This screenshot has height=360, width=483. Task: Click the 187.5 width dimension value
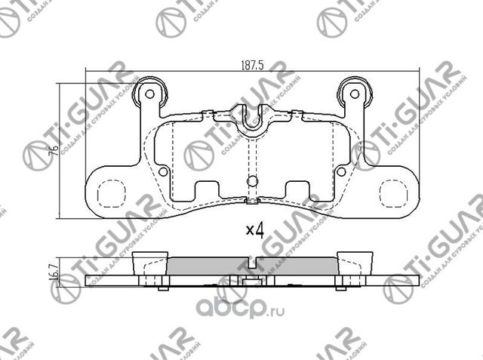pos(253,66)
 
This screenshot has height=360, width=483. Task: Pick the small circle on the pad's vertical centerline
pos(252,181)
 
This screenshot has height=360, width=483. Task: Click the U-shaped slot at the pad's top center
pos(252,121)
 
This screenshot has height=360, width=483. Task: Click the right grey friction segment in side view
pos(298,266)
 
